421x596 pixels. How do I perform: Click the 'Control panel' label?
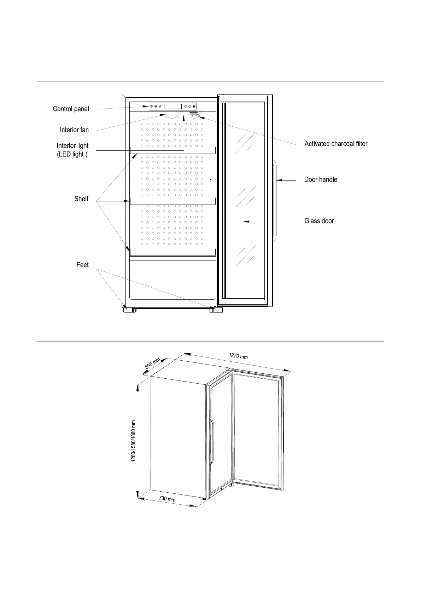(x=71, y=109)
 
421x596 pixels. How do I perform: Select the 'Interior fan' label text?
(x=74, y=130)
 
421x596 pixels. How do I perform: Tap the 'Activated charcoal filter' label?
(x=336, y=144)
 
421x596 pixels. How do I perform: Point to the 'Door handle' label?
(x=321, y=179)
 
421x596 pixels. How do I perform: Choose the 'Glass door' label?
(x=319, y=221)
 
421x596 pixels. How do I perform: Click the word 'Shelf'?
(x=81, y=199)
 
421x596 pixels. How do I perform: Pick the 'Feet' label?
(x=82, y=265)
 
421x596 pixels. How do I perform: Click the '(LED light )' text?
(x=72, y=154)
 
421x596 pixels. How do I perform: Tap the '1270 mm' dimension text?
(x=238, y=356)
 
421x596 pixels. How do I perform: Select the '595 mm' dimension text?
(x=153, y=364)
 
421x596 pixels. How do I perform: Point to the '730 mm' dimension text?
(x=167, y=499)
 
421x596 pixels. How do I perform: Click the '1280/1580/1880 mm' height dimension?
(x=134, y=441)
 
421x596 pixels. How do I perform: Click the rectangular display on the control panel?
(x=173, y=106)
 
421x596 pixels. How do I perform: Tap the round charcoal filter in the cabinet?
(x=194, y=114)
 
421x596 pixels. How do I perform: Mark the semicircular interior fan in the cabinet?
(x=172, y=115)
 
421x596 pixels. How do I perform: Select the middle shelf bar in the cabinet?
(x=173, y=201)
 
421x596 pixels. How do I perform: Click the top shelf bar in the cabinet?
(x=173, y=150)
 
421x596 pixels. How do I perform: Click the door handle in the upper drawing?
(x=275, y=201)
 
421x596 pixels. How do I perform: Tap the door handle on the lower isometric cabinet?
(x=211, y=441)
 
